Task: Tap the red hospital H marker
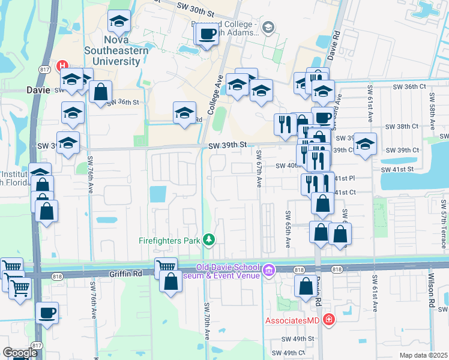pyautogui.click(x=61, y=65)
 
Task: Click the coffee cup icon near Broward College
pyautogui.click(x=208, y=34)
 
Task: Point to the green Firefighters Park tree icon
pyautogui.click(x=208, y=240)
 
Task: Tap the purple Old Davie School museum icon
pyautogui.click(x=268, y=271)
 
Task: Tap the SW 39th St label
pyautogui.click(x=228, y=145)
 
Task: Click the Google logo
pyautogui.click(x=20, y=353)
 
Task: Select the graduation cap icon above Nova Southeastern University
pyautogui.click(x=119, y=22)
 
